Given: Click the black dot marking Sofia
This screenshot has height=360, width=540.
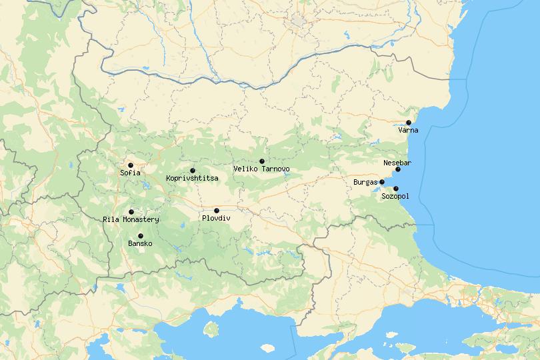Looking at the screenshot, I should point(131,165).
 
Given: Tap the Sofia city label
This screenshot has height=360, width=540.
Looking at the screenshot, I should point(131,173).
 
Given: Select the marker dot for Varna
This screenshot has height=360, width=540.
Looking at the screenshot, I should point(409,123).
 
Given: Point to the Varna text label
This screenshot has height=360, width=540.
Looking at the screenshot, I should point(409,131).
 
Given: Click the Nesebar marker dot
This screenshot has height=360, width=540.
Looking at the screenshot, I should point(398,169).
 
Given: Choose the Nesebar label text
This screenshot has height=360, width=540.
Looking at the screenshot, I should point(397,163).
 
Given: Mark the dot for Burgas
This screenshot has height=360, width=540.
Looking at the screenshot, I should point(382,182).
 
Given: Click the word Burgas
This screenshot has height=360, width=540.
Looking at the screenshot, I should point(365,182).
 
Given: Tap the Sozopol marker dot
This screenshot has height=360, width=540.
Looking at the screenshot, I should point(396,189).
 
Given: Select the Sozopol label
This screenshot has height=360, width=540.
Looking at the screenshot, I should point(395,197).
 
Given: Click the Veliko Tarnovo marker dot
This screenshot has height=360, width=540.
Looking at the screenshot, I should point(262,161).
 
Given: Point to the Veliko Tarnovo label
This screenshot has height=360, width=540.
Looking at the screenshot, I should point(262,169).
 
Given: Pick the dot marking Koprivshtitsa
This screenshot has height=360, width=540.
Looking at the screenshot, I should point(193,171).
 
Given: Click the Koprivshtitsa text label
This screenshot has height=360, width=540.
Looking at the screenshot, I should point(192,179).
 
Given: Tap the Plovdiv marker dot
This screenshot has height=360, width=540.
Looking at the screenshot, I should point(217,211).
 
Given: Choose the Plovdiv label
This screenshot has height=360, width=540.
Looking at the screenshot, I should point(216,219).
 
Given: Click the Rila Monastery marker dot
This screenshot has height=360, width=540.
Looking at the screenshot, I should point(131,212).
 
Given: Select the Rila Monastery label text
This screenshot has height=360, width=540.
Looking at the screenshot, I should point(131,220).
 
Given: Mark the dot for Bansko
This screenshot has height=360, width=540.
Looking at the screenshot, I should point(141,236).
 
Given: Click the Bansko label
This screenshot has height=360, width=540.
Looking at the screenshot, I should point(140,244).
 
